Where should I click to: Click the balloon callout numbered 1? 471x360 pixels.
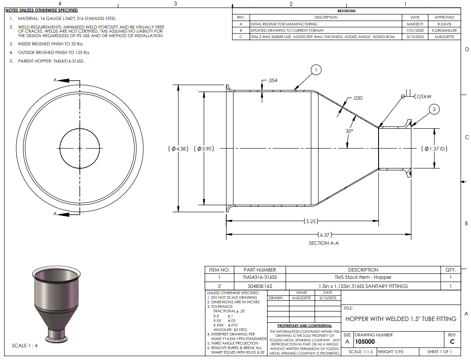316,70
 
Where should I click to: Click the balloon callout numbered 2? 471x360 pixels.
434,109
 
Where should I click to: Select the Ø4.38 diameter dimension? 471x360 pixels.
179,149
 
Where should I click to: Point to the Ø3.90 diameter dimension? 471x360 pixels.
204,149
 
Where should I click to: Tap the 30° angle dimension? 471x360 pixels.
350,131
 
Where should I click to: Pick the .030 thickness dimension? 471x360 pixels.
358,98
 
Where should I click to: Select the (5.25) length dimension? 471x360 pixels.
311,221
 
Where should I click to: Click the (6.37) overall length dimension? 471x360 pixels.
325,235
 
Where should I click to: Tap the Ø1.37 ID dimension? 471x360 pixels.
434,149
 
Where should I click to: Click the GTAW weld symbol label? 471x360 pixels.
424,97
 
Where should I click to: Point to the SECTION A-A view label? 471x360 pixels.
324,243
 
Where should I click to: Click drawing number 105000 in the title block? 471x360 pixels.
365,342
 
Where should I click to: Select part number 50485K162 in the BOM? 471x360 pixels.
260,286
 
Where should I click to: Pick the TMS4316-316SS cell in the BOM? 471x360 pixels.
260,277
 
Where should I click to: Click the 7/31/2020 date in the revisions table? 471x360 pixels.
415,30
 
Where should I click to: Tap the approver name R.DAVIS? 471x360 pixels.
444,24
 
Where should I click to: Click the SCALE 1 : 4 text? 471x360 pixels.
24,345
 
